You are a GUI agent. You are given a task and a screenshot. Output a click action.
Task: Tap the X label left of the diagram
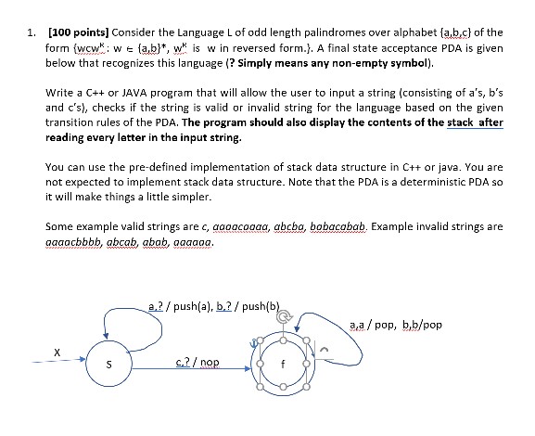coord(57,351)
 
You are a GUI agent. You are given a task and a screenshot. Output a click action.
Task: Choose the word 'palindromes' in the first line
coord(319,35)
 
